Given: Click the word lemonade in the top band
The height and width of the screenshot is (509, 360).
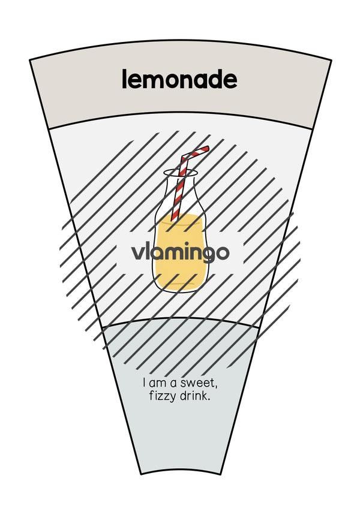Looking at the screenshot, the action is point(179,80).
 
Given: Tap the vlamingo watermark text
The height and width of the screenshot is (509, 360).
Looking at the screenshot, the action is point(181,252).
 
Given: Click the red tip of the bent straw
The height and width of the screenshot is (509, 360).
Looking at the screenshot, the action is point(206,149).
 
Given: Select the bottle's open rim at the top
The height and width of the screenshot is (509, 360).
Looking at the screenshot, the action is point(181,173).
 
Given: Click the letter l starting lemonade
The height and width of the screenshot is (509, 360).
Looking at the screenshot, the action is point(124,80).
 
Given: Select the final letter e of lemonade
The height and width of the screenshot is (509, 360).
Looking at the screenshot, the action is point(230,82).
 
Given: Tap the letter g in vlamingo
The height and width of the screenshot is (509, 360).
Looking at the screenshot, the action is point(206,255).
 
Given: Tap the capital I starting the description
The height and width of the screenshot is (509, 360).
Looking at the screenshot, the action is point(145,382).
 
